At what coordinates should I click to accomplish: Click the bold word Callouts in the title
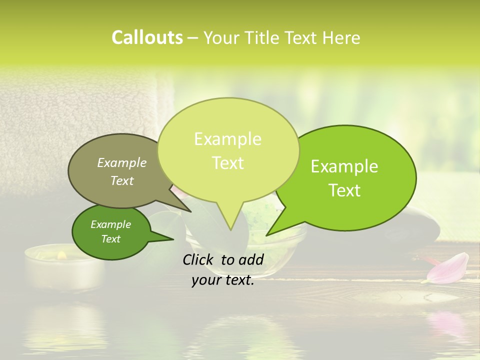pyautogui.click(x=147, y=37)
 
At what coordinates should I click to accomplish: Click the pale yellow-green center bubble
pyautogui.click(x=228, y=150)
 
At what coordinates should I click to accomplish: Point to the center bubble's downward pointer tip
pyautogui.click(x=230, y=229)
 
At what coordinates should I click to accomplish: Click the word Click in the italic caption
pyautogui.click(x=199, y=259)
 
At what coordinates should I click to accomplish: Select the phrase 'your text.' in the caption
pyautogui.click(x=223, y=280)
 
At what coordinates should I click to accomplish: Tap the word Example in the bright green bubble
pyautogui.click(x=344, y=166)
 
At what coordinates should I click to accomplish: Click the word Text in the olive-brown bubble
pyautogui.click(x=122, y=180)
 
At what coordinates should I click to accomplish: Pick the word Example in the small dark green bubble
pyautogui.click(x=111, y=224)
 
